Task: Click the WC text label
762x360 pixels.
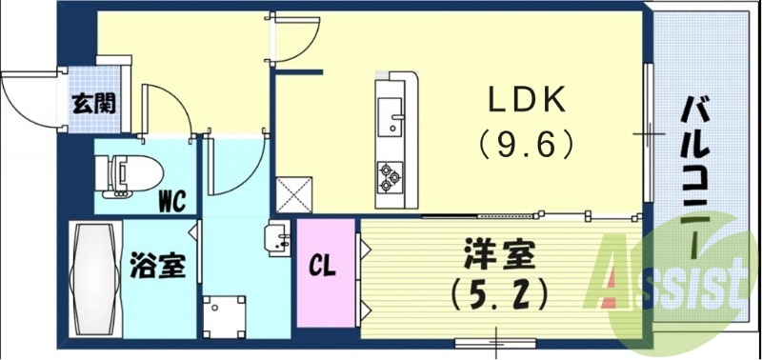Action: (x=171, y=200)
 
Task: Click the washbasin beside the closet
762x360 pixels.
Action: (x=279, y=237)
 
